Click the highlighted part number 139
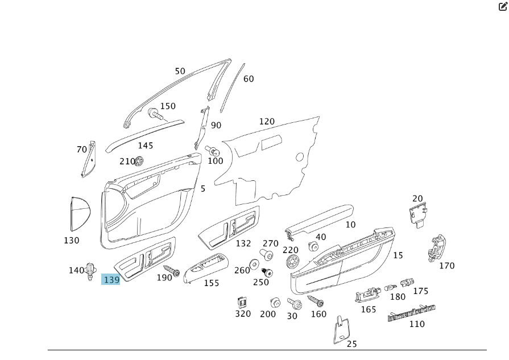pyautogui.click(x=111, y=279)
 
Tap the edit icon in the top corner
pyautogui.click(x=502, y=7)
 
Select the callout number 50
pyautogui.click(x=180, y=71)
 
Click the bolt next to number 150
pyautogui.click(x=155, y=114)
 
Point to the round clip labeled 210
pyautogui.click(x=139, y=161)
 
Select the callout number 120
pyautogui.click(x=266, y=121)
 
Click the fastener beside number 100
pyautogui.click(x=213, y=151)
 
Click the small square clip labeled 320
pyautogui.click(x=242, y=302)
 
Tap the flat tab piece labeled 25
pyautogui.click(x=340, y=329)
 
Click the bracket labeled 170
pyautogui.click(x=436, y=248)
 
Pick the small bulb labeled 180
pyautogui.click(x=391, y=287)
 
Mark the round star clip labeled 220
pyautogui.click(x=293, y=261)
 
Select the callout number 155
pyautogui.click(x=211, y=283)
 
